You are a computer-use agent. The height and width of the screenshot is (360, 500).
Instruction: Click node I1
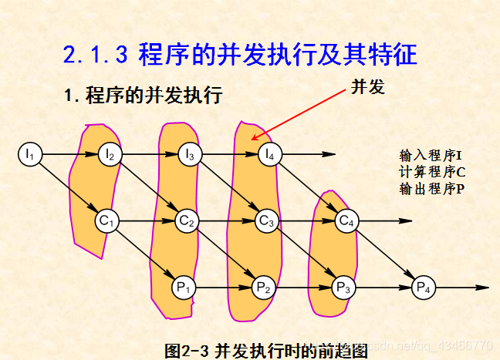pyautogui.click(x=29, y=154)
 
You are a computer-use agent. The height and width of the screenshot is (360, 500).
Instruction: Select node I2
pyautogui.click(x=109, y=154)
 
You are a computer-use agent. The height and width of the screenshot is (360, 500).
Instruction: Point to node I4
pyautogui.click(x=268, y=154)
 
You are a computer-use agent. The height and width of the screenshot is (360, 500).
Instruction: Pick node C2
pyautogui.click(x=186, y=221)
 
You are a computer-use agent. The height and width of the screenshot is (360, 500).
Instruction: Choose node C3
pyautogui.click(x=266, y=221)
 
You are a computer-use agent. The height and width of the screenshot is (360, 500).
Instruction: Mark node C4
pyautogui.click(x=346, y=221)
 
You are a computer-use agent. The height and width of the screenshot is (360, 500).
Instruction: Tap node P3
pyautogui.click(x=343, y=288)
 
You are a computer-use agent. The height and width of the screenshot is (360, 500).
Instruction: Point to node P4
pyautogui.click(x=424, y=288)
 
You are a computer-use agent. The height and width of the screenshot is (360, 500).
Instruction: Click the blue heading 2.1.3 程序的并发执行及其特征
pyautogui.click(x=240, y=54)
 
